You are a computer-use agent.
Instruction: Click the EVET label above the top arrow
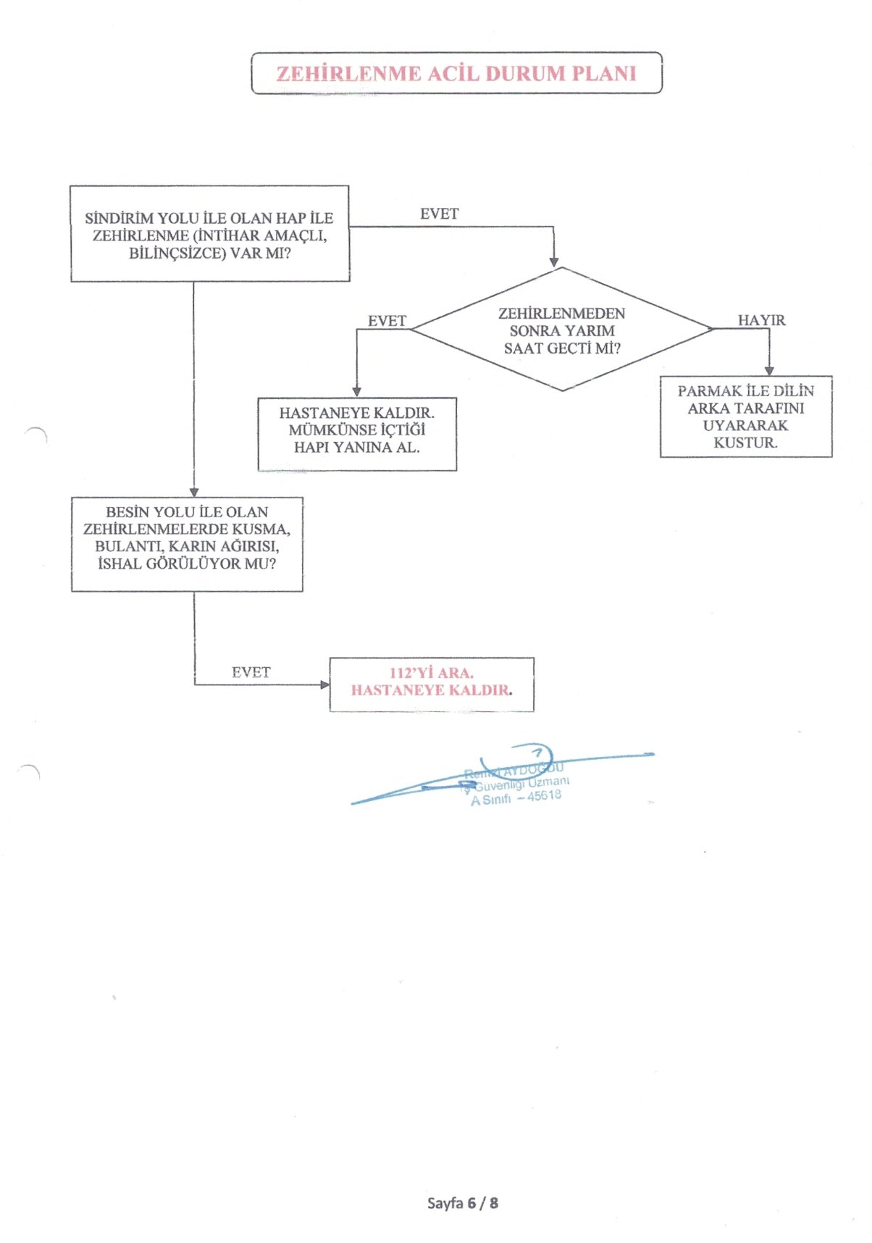click(439, 214)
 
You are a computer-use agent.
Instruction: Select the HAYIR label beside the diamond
click(761, 320)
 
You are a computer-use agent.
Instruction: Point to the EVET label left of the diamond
click(387, 321)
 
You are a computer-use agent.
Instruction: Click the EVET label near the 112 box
click(251, 672)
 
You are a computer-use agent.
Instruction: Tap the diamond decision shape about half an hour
click(562, 330)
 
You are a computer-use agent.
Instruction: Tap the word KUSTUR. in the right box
click(745, 443)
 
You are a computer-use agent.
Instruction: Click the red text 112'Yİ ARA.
click(431, 673)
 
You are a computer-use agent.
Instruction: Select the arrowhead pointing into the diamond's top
click(554, 261)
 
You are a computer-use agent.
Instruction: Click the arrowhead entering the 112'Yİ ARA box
click(325, 685)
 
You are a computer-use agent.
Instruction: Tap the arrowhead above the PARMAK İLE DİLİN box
click(769, 371)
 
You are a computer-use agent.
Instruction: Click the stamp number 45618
click(544, 795)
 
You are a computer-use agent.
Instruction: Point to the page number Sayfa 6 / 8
click(462, 1203)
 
